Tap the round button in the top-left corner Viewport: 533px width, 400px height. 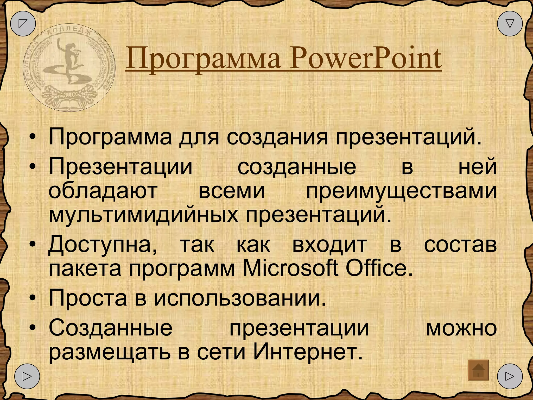[23, 23]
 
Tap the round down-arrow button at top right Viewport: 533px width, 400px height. [510, 23]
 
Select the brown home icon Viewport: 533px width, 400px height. [478, 370]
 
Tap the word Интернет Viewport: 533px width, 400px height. [308, 352]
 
